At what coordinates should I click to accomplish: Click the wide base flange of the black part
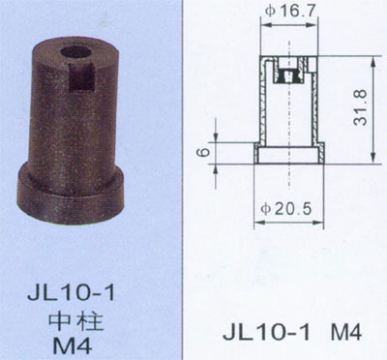pyautogui.click(x=71, y=194)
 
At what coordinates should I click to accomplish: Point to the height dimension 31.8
pyautogui.click(x=360, y=107)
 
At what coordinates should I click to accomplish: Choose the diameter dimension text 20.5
pyautogui.click(x=294, y=209)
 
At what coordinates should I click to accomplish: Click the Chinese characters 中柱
pyautogui.click(x=76, y=320)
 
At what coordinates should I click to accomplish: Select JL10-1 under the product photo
pyautogui.click(x=71, y=293)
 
